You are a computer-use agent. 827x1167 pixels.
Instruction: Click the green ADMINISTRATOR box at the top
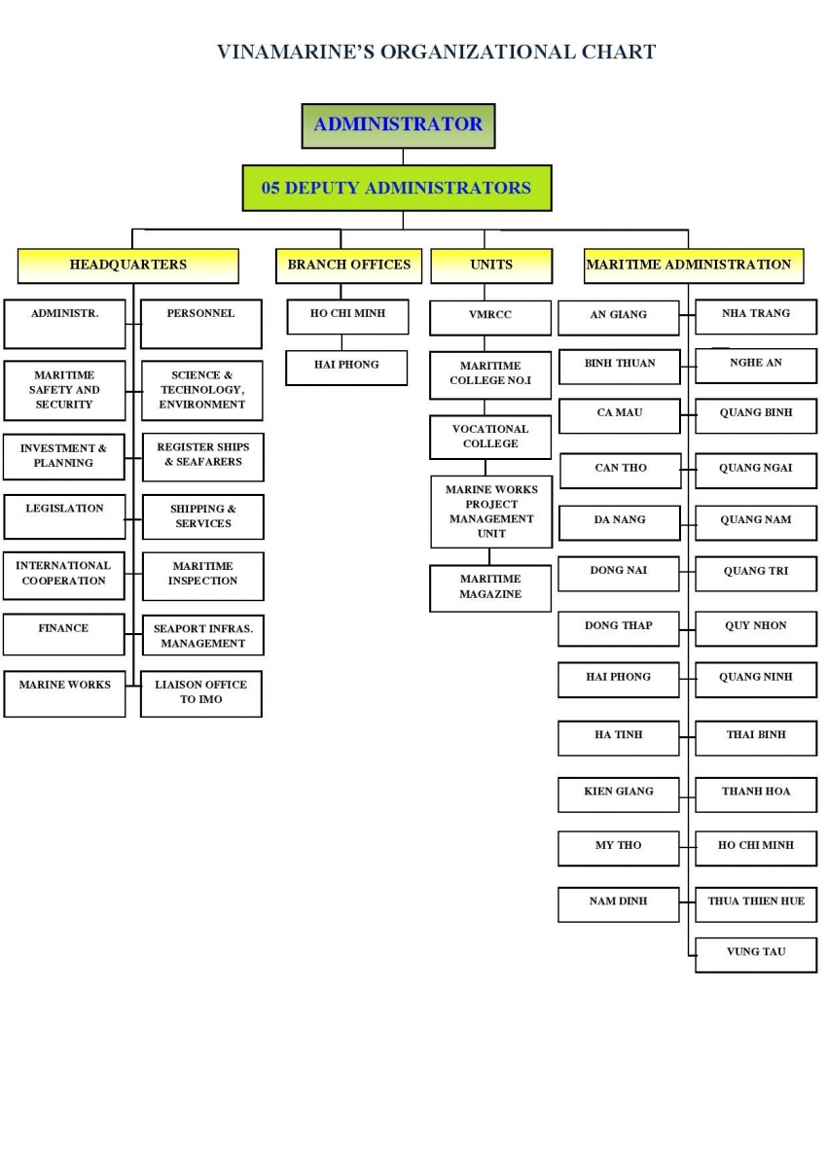pos(398,125)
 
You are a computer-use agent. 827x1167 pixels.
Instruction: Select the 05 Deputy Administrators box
pos(397,188)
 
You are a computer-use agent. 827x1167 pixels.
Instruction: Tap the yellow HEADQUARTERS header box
pos(128,265)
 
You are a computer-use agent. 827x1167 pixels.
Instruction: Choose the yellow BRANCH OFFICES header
pos(348,265)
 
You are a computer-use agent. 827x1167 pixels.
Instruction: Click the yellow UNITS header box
pos(491,265)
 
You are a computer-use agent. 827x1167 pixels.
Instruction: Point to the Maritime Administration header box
pos(694,265)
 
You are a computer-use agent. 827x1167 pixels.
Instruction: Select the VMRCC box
pos(490,318)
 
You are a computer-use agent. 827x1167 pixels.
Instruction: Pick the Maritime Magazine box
pos(490,588)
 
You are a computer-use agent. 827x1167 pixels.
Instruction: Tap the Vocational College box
pos(490,437)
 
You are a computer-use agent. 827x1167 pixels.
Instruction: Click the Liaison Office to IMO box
pos(201,694)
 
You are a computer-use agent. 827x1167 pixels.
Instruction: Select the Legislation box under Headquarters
pos(64,516)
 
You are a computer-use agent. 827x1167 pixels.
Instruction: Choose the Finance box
pos(64,634)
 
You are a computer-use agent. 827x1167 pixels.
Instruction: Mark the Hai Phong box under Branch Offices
pos(346,368)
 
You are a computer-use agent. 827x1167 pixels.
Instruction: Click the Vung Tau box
pos(756,955)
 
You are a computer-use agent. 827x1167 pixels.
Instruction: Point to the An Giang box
pos(619,318)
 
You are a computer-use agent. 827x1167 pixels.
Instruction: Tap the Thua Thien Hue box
pos(756,904)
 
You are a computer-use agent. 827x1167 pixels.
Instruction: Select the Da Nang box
pos(620,523)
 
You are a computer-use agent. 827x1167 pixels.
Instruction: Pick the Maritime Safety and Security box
pos(64,391)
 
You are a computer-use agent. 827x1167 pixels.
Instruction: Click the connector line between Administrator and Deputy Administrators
pos(403,157)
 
